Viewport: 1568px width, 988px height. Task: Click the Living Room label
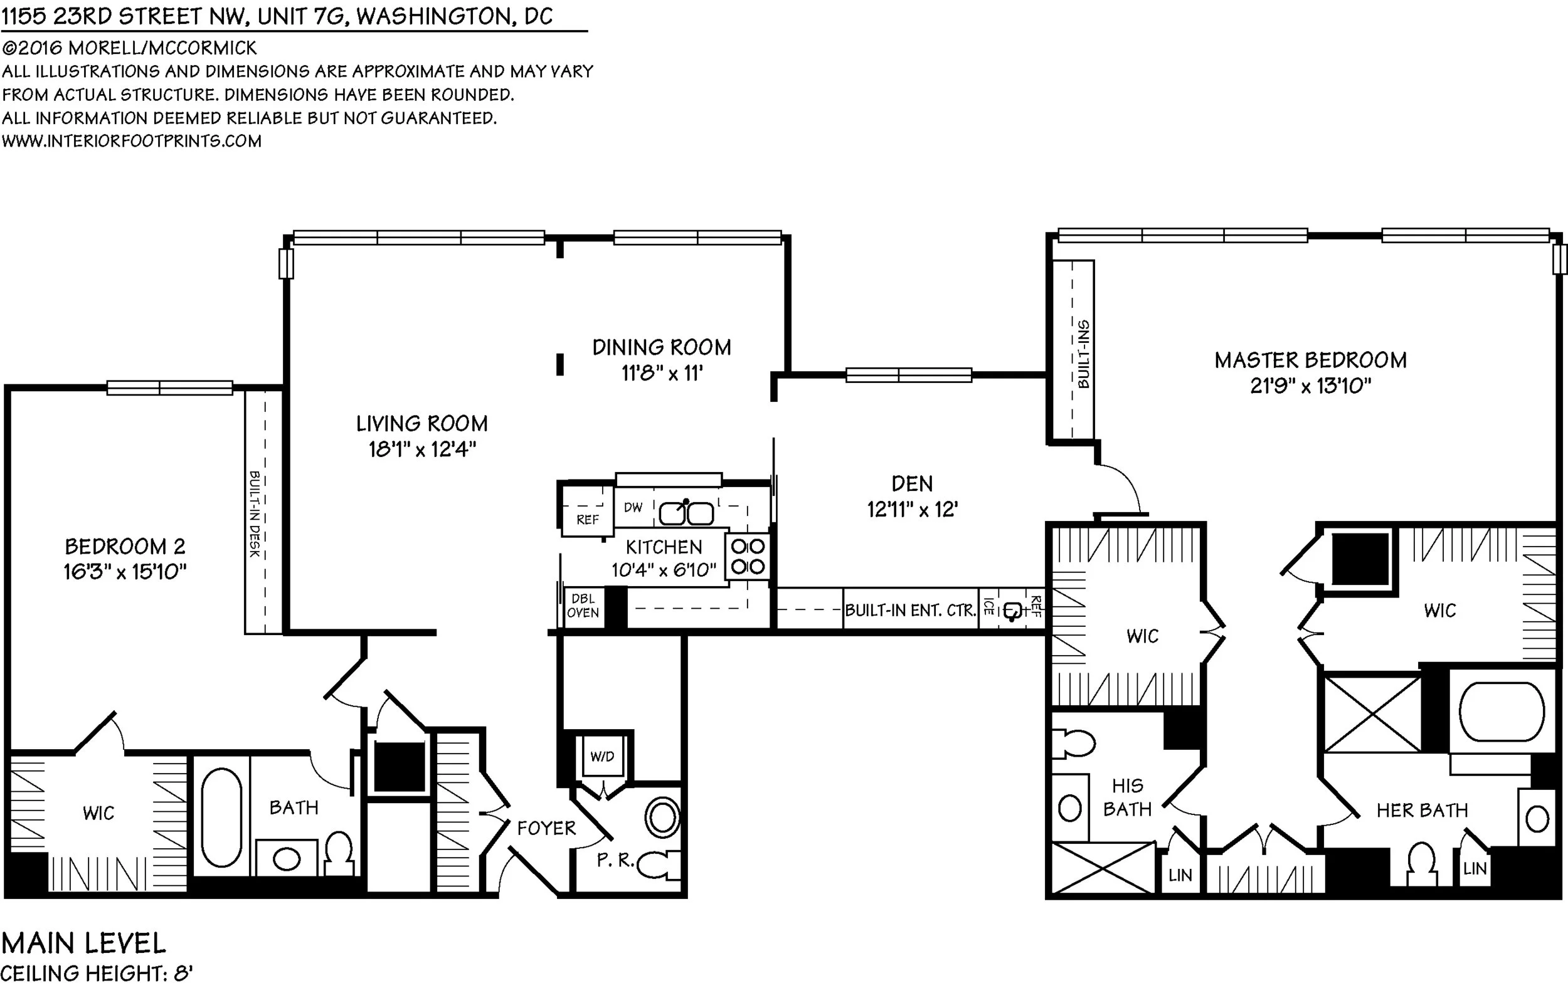(x=421, y=424)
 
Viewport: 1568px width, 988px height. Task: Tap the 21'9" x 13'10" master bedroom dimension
(x=1310, y=386)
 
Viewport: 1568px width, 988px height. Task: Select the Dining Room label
(x=662, y=347)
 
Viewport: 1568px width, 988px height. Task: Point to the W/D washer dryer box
(x=601, y=756)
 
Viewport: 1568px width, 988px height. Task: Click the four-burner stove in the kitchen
(x=748, y=557)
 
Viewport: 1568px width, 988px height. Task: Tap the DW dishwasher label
(x=633, y=508)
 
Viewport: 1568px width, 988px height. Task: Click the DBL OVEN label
(x=583, y=606)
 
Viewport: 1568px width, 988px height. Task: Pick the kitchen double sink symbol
(x=686, y=513)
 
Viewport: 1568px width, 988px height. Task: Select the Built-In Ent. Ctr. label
(x=909, y=610)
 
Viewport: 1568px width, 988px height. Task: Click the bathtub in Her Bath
(x=1502, y=712)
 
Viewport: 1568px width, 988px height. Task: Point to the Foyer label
(x=546, y=828)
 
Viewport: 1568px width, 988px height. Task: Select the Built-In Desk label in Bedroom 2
(x=255, y=513)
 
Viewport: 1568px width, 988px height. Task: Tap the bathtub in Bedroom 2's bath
(x=221, y=817)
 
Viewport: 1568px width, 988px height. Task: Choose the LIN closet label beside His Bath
(x=1180, y=875)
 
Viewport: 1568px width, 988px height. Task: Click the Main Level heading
(x=84, y=942)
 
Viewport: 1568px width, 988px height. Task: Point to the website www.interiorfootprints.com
(x=132, y=141)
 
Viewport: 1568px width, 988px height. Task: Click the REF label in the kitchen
(x=587, y=519)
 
